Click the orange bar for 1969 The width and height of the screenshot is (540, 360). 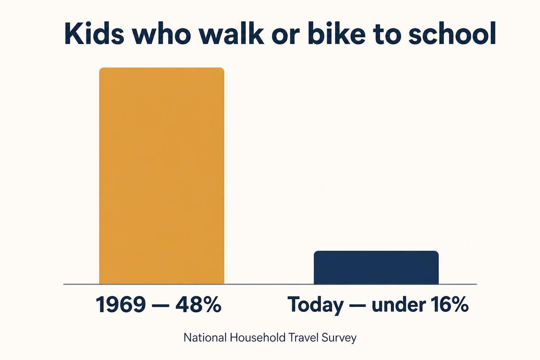[162, 176]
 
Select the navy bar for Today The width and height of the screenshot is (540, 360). [376, 267]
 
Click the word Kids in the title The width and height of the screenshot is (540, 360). [94, 33]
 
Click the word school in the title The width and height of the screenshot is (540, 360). [452, 33]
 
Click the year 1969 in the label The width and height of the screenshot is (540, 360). [121, 305]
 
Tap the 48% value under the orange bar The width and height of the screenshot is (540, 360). [198, 305]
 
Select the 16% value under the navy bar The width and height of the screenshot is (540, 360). [450, 305]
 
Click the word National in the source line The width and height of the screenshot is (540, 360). [205, 337]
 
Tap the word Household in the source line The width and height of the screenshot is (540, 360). [258, 337]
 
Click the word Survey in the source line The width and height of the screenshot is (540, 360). [339, 338]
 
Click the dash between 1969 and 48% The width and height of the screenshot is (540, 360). [160, 305]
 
